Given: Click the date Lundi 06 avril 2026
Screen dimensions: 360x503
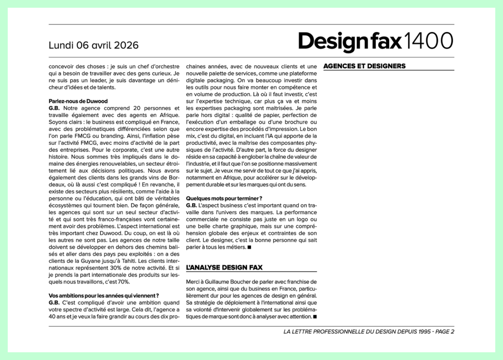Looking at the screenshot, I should pyautogui.click(x=93, y=45).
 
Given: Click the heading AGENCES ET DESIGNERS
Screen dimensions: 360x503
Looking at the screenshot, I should pyautogui.click(x=364, y=66).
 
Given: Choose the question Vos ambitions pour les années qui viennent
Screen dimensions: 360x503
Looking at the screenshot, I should pyautogui.click(x=103, y=295).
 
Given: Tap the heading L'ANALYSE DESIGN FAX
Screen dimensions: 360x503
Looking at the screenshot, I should pyautogui.click(x=224, y=268).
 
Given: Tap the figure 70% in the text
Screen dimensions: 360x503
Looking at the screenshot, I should pyautogui.click(x=122, y=282).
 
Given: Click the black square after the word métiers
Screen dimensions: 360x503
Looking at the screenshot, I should pyautogui.click(x=250, y=248).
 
